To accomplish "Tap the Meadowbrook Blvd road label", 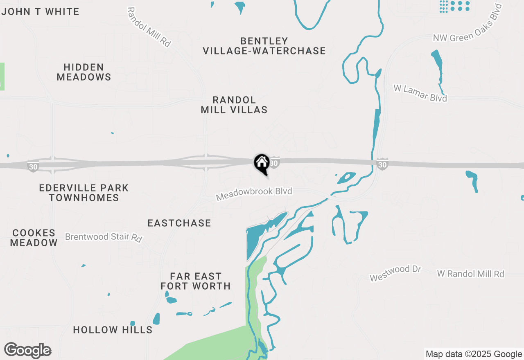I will click(254, 194).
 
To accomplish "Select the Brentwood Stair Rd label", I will click(104, 237).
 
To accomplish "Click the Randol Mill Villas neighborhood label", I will click(234, 105).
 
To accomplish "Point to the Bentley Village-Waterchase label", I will click(264, 46).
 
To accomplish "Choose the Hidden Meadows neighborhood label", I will click(84, 72).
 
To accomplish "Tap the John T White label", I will click(41, 11).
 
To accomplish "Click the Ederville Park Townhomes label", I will click(84, 193).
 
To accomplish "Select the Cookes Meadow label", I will click(34, 238).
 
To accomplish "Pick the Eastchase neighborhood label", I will click(179, 223).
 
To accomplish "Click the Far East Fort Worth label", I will click(196, 281).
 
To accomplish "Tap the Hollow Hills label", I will click(113, 330).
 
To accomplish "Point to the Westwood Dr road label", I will click(395, 273).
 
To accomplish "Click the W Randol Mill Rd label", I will click(471, 274).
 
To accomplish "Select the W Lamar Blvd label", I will click(420, 93).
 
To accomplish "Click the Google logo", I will click(27, 350).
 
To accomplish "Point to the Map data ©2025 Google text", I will click(474, 354).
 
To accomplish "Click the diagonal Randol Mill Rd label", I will click(149, 27).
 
